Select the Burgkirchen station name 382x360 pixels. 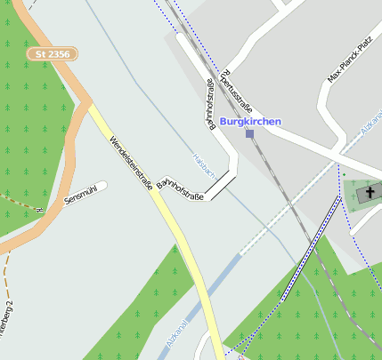250,121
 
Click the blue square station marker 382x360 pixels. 249,134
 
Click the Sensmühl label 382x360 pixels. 81,195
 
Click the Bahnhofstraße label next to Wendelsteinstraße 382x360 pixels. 181,190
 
